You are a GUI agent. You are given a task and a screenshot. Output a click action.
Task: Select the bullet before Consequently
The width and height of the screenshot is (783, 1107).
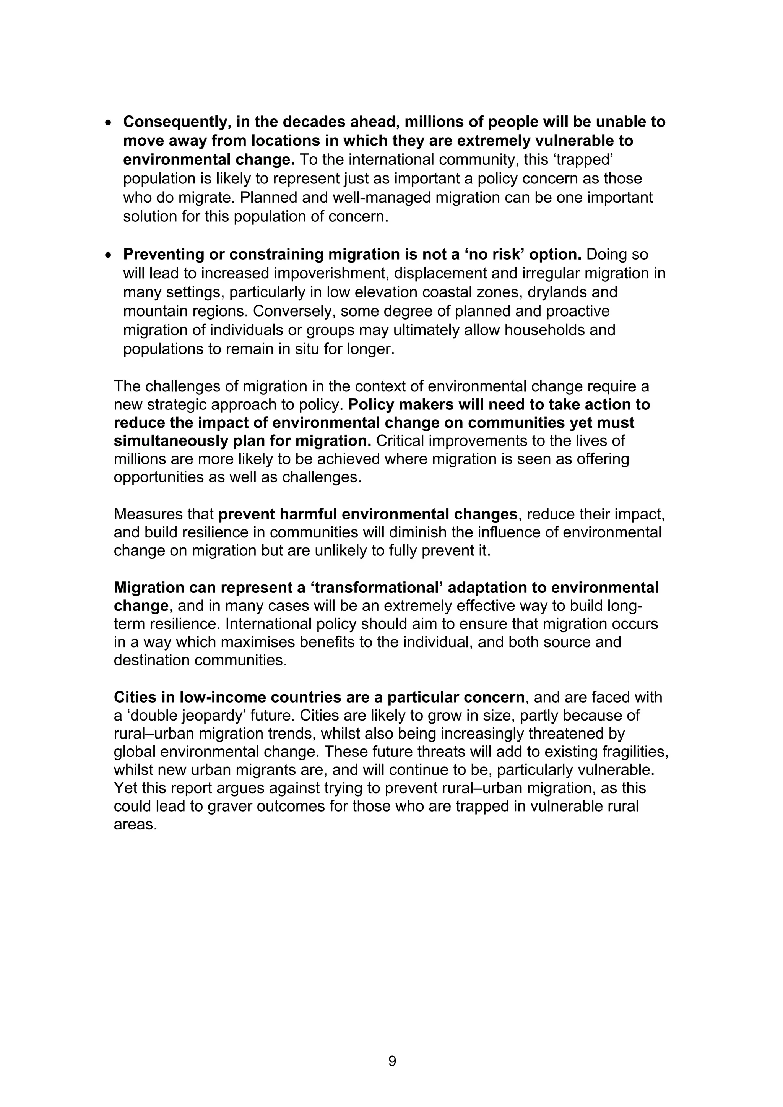point(109,122)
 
